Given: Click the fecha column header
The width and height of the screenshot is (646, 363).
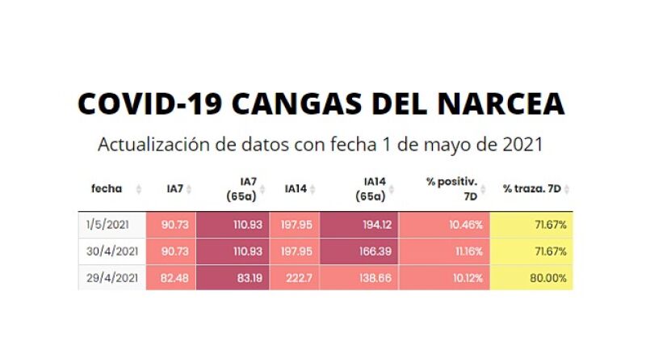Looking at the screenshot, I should (x=107, y=188).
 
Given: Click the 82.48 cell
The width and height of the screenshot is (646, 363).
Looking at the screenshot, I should (x=175, y=277).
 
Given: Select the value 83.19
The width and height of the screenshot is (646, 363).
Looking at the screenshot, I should (x=248, y=277).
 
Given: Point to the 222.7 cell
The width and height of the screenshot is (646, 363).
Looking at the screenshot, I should (x=298, y=277).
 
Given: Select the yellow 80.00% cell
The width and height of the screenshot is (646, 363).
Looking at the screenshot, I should (x=548, y=277).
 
